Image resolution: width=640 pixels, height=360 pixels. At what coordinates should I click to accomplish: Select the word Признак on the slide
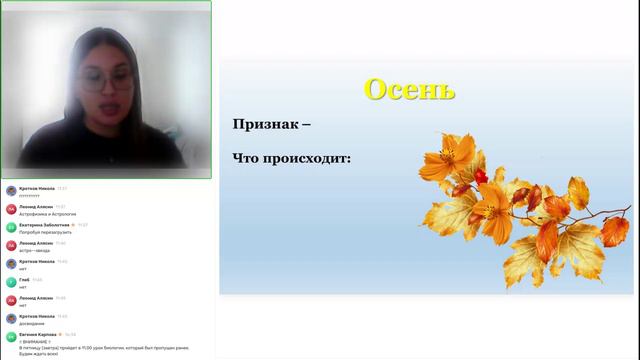click(x=265, y=125)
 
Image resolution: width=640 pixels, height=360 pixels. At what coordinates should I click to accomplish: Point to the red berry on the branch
click(x=481, y=175)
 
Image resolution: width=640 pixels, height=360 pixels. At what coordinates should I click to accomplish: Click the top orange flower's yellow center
click(x=440, y=157)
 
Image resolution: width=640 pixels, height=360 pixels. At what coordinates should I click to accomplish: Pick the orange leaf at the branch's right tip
click(x=614, y=230)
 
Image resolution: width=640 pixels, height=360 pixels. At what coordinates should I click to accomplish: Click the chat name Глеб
click(x=26, y=279)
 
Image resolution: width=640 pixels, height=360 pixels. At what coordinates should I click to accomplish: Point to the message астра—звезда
click(x=35, y=249)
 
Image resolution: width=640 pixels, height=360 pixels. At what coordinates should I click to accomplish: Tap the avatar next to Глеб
click(x=11, y=282)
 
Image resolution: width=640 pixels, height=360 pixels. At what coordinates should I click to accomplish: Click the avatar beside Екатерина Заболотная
click(x=11, y=228)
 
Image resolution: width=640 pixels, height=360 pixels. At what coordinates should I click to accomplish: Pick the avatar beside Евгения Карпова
click(x=11, y=337)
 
